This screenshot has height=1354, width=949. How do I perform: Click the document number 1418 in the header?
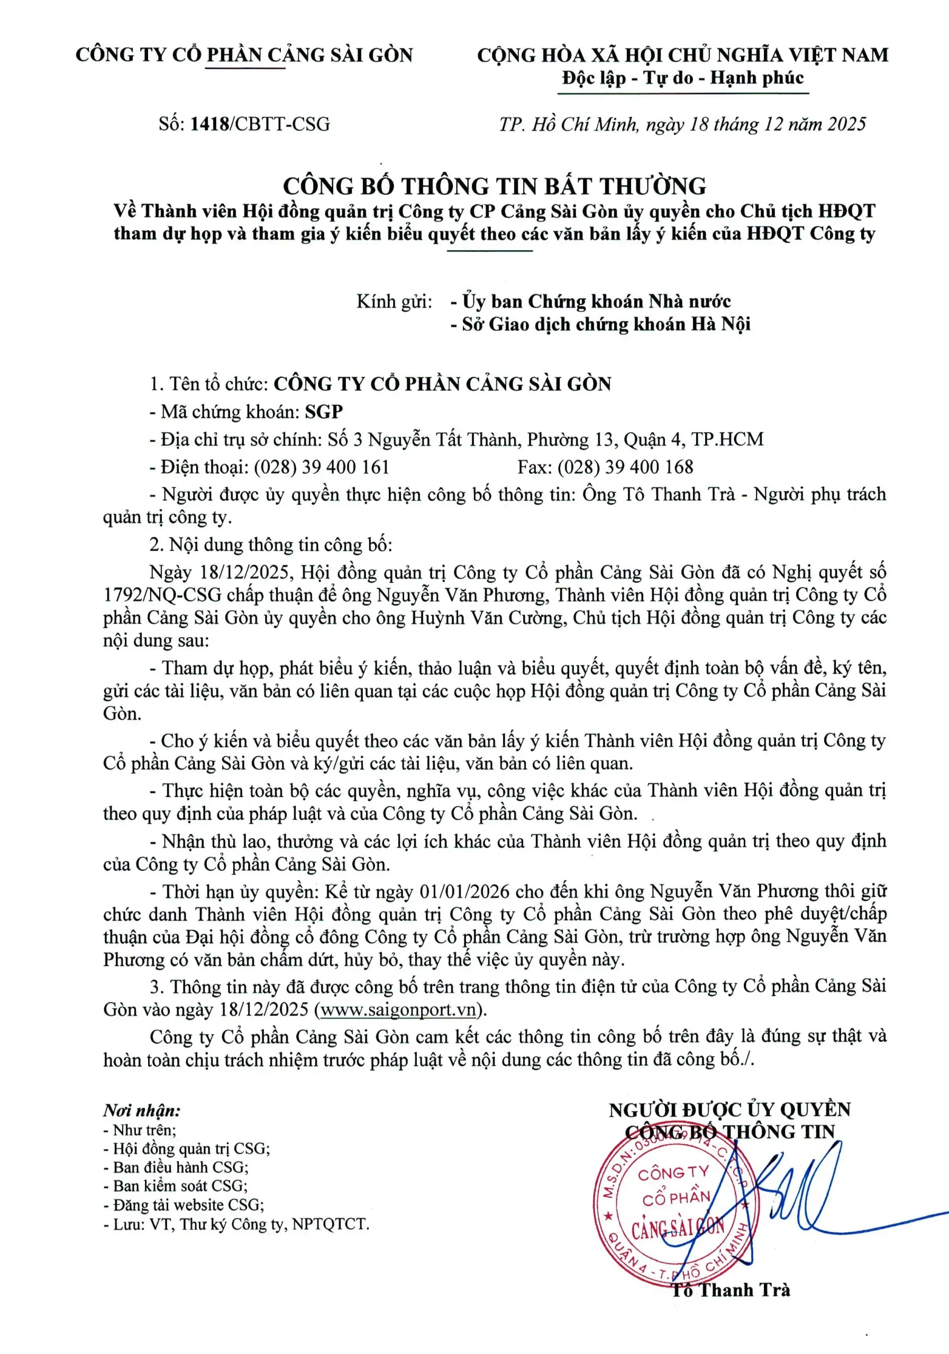[x=209, y=124]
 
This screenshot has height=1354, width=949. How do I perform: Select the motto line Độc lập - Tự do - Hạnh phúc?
[x=682, y=78]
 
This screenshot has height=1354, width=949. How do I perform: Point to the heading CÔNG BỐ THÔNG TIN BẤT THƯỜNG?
[x=494, y=186]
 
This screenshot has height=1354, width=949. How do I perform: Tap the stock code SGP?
[x=324, y=411]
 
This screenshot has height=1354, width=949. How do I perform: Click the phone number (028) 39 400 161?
[x=322, y=467]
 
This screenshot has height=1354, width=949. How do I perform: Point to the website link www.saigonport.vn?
[x=397, y=1009]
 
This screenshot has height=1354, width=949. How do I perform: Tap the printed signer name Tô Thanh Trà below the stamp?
[x=730, y=1291]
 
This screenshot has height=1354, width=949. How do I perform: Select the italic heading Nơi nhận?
[x=142, y=1111]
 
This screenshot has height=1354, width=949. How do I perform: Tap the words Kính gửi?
[x=394, y=302]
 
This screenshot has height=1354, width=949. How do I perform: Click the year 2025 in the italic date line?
[x=846, y=124]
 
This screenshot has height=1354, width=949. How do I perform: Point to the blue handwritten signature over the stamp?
[x=784, y=1197]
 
